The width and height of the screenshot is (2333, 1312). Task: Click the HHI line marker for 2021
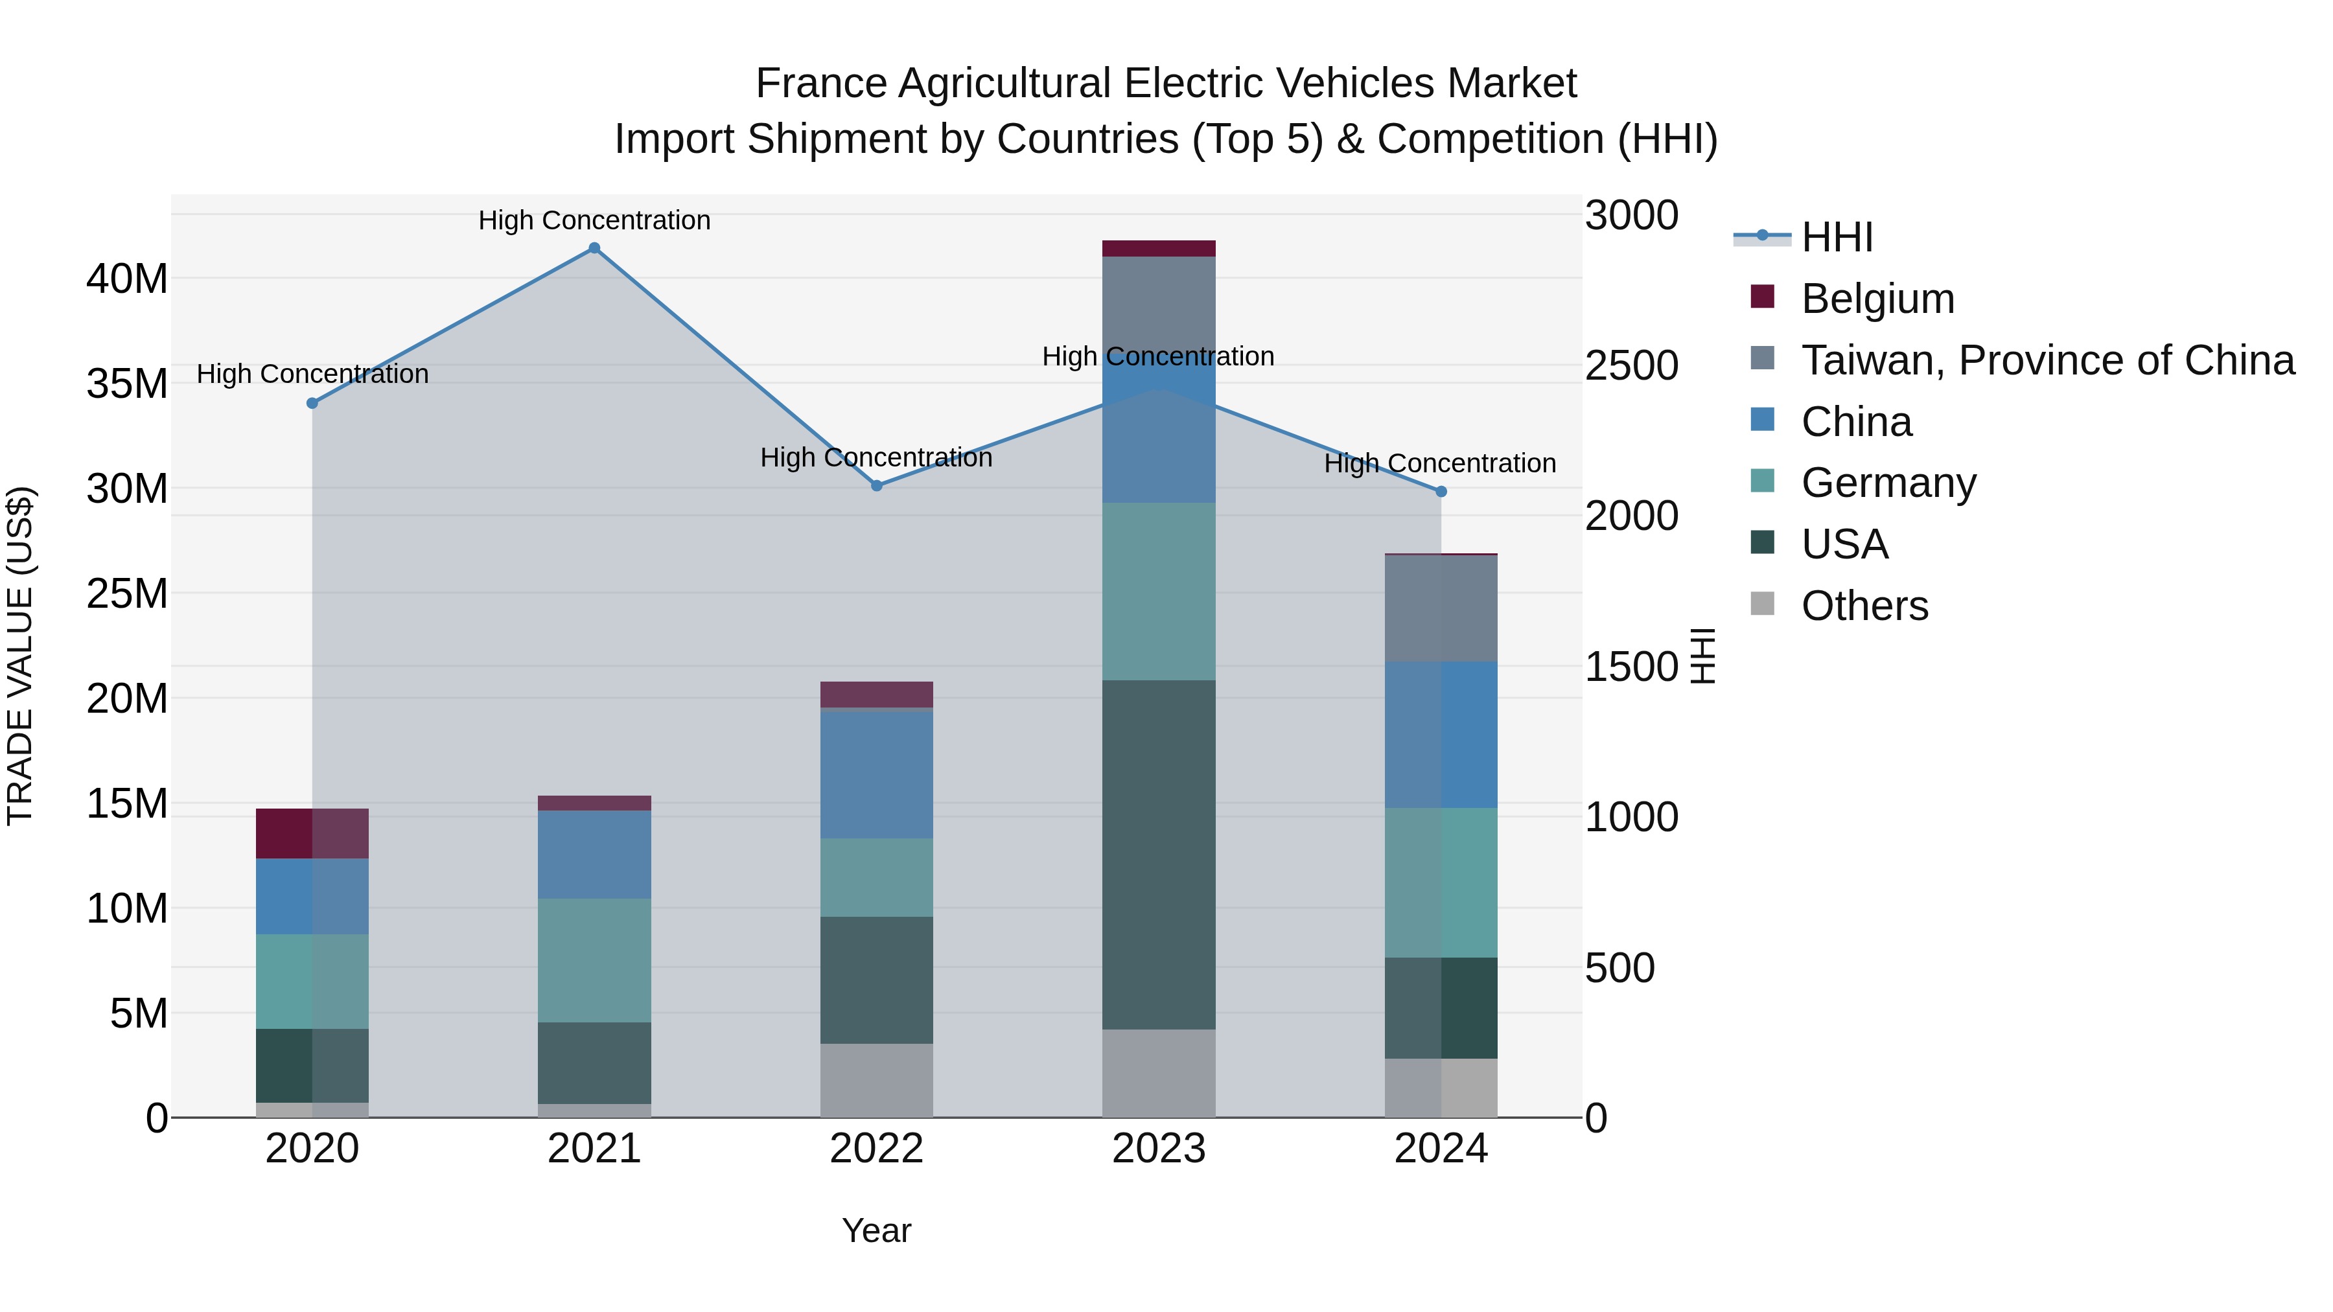coord(594,248)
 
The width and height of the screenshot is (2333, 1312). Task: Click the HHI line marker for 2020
coord(312,403)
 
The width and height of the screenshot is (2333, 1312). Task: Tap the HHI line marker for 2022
coord(877,485)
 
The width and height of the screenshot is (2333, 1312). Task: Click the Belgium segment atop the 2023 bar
coord(1158,249)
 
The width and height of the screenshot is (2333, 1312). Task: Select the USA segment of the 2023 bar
coord(1158,854)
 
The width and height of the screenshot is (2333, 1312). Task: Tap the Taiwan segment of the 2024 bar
coord(1441,608)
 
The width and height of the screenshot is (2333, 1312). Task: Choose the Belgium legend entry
coord(1877,299)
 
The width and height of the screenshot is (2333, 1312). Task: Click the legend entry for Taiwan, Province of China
coord(2047,360)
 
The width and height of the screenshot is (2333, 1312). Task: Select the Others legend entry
coord(1864,606)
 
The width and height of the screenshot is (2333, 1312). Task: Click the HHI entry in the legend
coord(1837,237)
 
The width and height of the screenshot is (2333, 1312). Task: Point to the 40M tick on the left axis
coord(127,279)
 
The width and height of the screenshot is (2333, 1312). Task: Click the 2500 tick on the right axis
coord(1631,366)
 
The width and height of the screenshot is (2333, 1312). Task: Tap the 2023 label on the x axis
coord(1158,1149)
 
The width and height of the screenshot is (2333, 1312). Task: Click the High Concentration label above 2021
coord(594,220)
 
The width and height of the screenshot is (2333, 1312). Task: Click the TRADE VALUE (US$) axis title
coord(20,656)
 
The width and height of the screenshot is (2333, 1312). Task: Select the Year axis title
coord(876,1230)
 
